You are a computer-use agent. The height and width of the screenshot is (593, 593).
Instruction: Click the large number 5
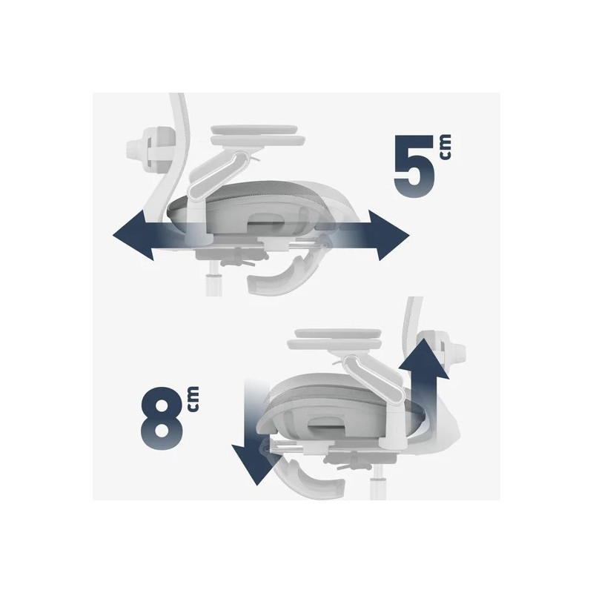tap(414, 166)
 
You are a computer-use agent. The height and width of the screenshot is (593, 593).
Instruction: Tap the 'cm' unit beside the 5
tap(445, 147)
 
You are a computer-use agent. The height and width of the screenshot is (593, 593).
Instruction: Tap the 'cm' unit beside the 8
tap(193, 399)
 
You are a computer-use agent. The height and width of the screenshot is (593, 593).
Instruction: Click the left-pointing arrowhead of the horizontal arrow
tap(133, 235)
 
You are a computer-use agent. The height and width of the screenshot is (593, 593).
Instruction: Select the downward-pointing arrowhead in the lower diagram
tap(257, 465)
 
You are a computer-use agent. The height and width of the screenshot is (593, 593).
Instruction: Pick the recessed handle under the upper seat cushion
tap(267, 220)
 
